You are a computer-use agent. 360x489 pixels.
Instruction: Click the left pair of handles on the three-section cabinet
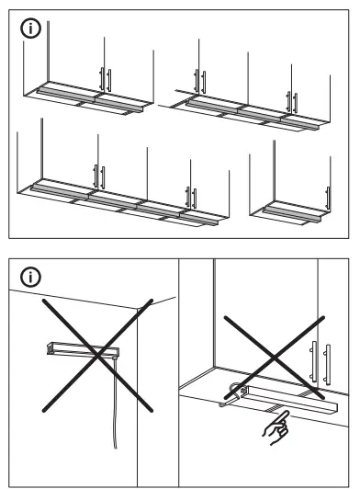coord(197,80)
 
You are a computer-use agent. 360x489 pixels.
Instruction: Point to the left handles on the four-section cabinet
coord(98,172)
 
